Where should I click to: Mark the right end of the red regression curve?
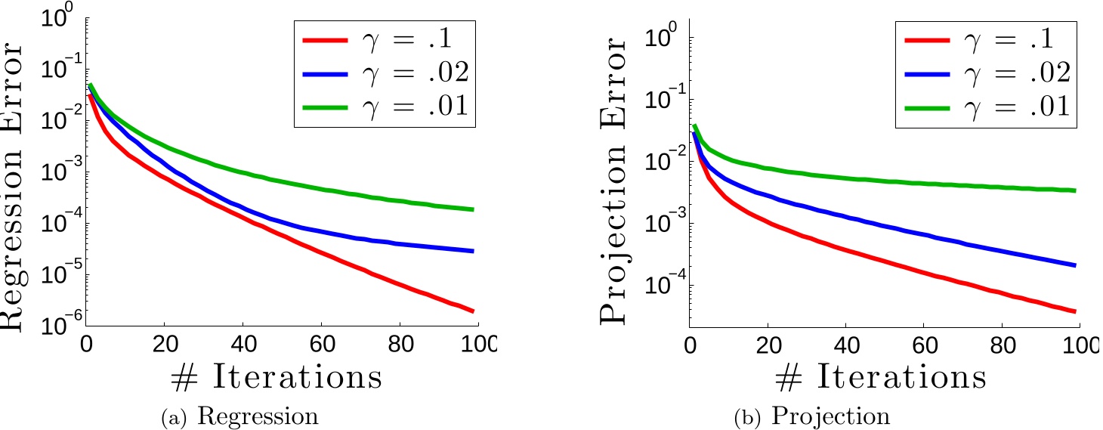click(473, 311)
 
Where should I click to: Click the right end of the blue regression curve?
click(473, 251)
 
